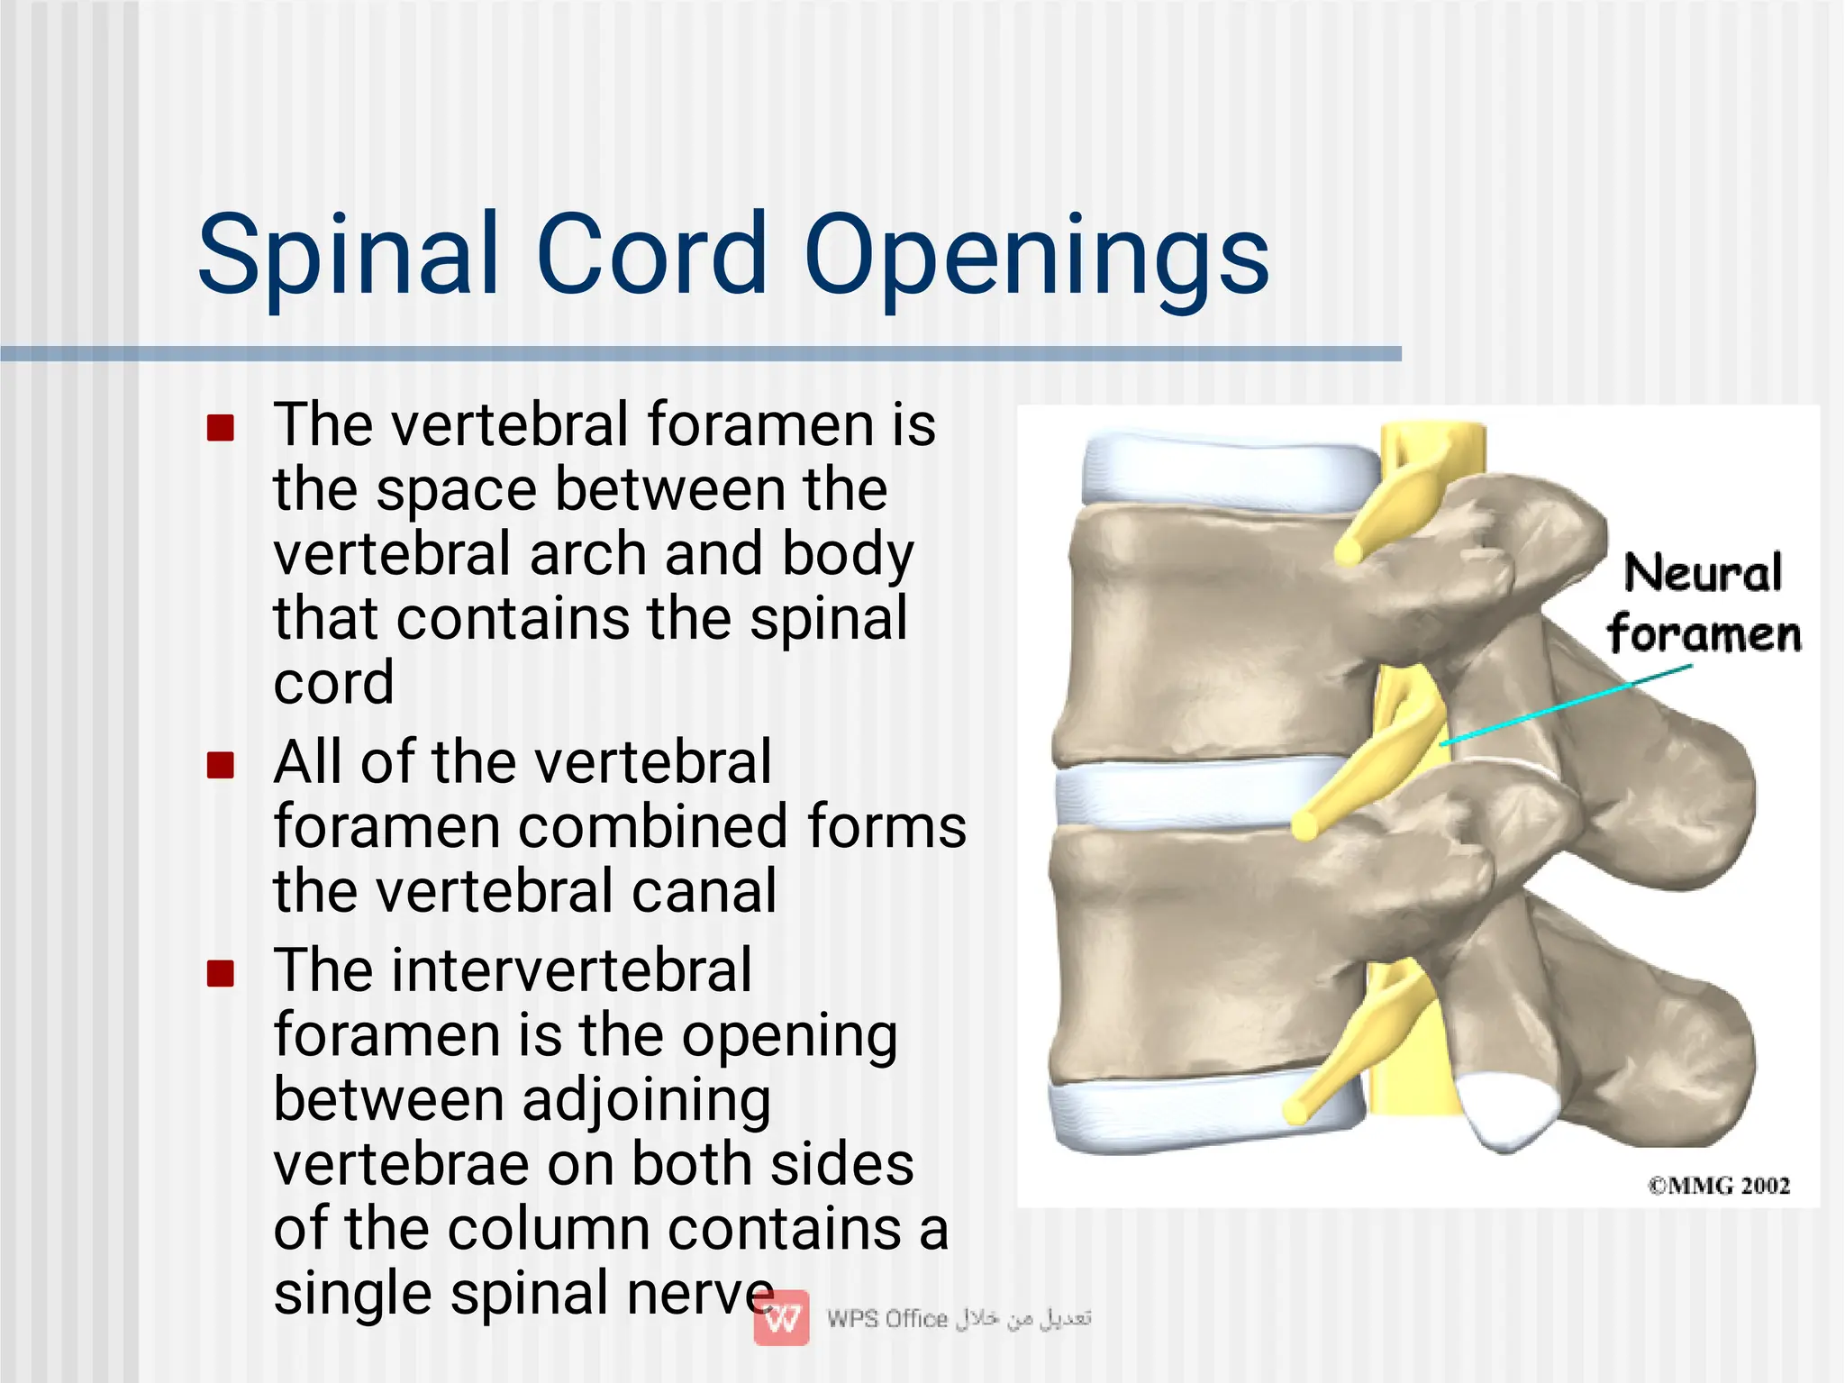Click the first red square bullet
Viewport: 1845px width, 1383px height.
pyautogui.click(x=221, y=427)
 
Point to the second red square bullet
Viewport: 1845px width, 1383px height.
pyautogui.click(x=221, y=765)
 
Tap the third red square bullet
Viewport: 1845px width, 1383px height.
pyautogui.click(x=221, y=973)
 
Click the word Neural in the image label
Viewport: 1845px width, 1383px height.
pyautogui.click(x=1703, y=574)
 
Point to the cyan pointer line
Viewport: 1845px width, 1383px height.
pyautogui.click(x=1568, y=704)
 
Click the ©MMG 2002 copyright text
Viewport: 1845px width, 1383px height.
pyautogui.click(x=1719, y=1186)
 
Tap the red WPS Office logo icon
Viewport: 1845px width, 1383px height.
pyautogui.click(x=781, y=1318)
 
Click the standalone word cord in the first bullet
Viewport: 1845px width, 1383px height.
pyautogui.click(x=333, y=683)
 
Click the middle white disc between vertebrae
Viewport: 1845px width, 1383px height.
pyautogui.click(x=1180, y=793)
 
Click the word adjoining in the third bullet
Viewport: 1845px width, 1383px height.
pyautogui.click(x=646, y=1101)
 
